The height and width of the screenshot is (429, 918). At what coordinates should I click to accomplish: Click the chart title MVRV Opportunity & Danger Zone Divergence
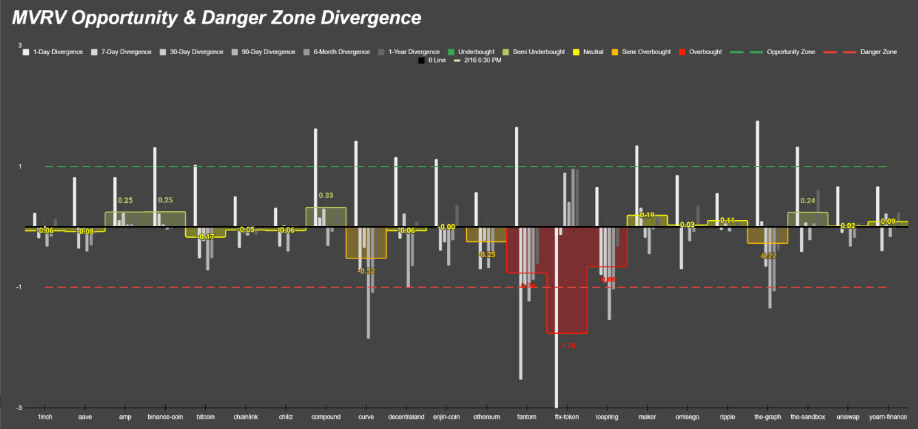click(217, 17)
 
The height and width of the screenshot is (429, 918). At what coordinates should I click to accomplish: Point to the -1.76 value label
click(568, 346)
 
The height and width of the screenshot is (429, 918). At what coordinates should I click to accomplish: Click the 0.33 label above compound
click(326, 196)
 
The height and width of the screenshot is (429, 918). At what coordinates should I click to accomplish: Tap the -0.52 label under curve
click(366, 271)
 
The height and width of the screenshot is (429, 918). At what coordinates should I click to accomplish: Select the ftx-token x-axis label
click(567, 417)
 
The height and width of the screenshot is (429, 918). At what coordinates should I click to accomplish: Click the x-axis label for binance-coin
click(165, 417)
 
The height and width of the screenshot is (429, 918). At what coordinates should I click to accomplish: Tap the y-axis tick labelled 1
click(19, 167)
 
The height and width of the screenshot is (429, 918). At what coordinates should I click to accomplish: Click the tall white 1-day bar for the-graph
click(757, 171)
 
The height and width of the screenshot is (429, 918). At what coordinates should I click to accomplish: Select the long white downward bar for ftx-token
click(556, 322)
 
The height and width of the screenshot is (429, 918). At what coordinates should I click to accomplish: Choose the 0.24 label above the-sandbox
click(808, 201)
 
